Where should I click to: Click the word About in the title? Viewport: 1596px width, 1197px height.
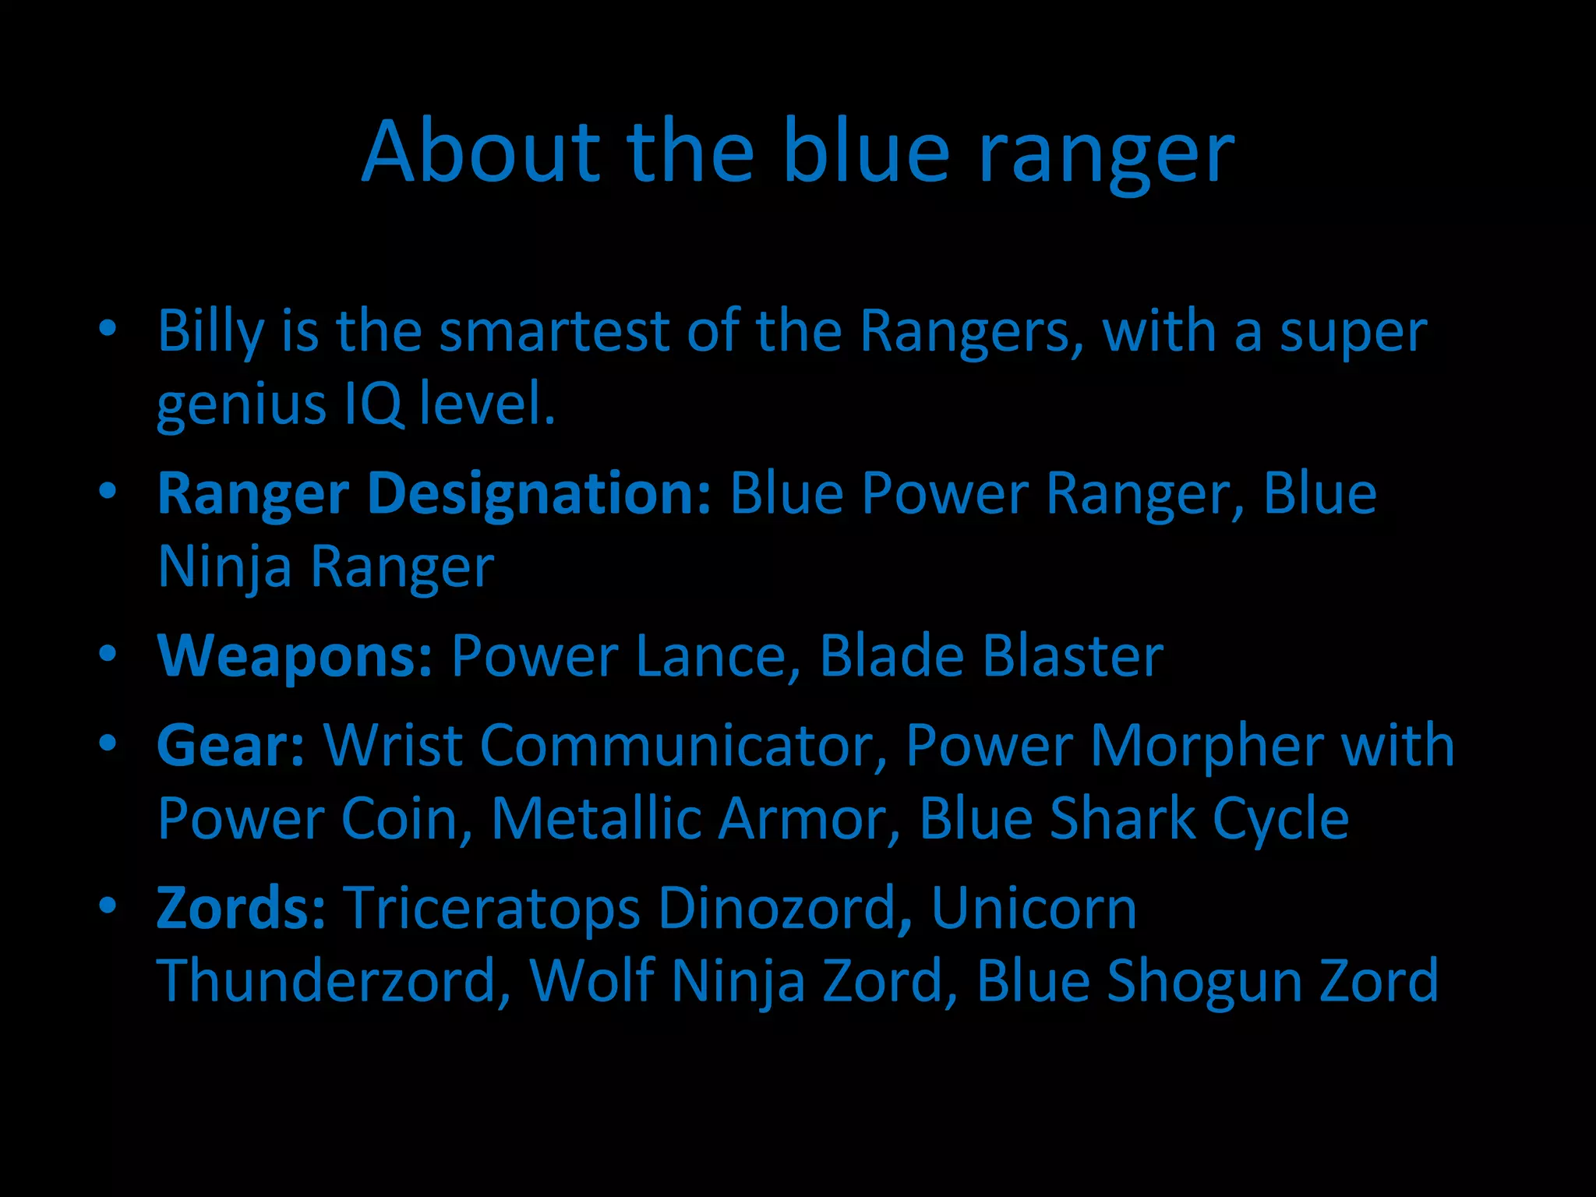480,151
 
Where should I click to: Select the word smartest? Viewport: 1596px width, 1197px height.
554,331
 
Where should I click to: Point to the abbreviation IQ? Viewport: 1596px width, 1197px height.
373,404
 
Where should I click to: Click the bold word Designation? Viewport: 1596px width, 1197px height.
538,494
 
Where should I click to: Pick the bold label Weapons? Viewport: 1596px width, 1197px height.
295,656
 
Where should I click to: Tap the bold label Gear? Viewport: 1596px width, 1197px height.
231,746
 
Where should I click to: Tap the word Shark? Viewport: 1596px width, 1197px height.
1122,819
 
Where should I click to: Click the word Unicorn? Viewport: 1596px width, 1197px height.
1033,909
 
